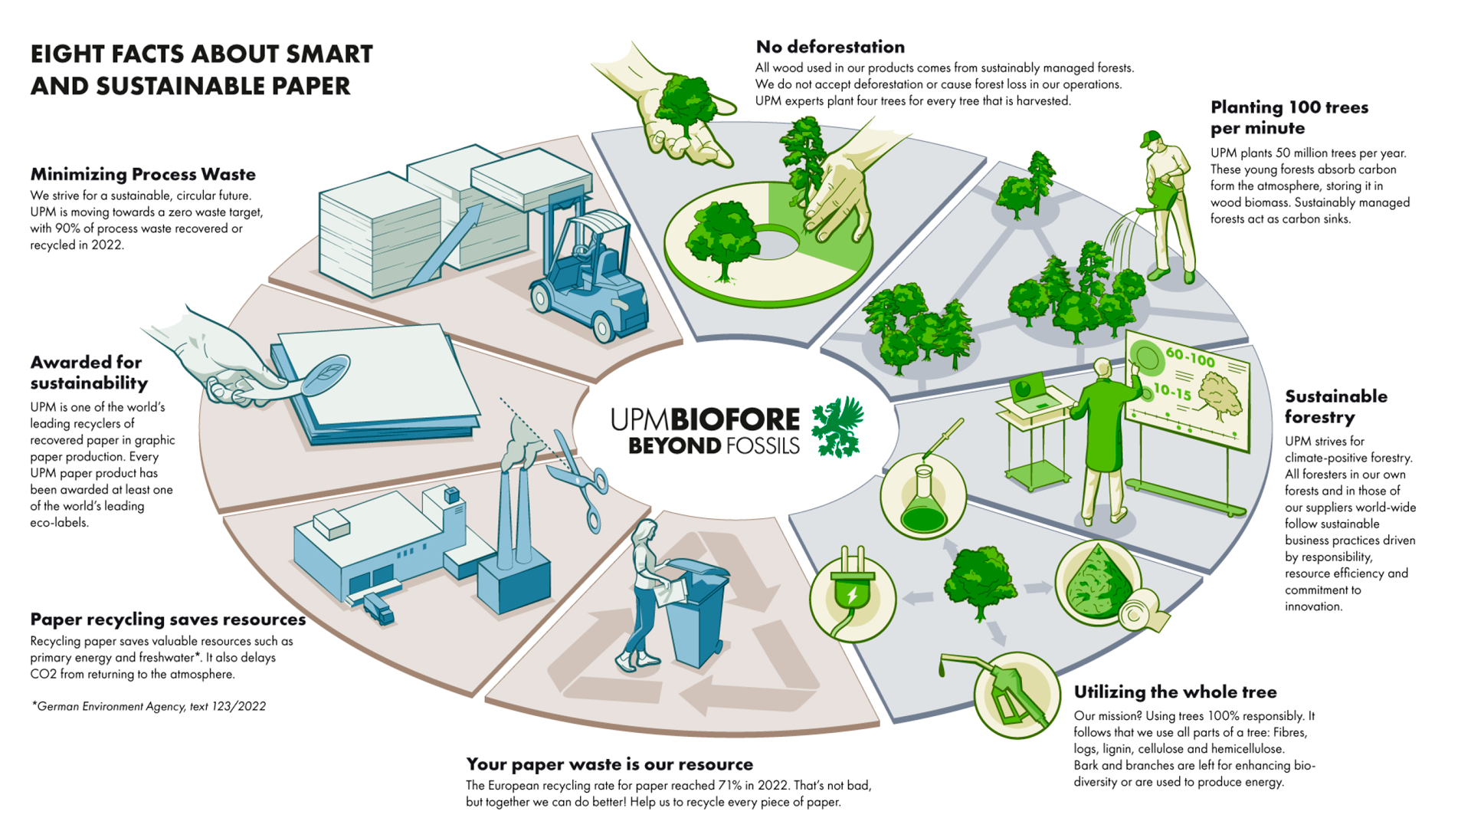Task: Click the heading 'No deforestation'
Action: (x=830, y=47)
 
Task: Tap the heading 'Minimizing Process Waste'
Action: (x=143, y=174)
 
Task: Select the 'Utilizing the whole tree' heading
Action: (x=1175, y=692)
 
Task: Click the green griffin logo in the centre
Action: (x=837, y=426)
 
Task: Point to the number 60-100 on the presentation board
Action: (x=1190, y=357)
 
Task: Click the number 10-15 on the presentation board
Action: (x=1172, y=392)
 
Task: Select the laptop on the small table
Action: (x=1031, y=392)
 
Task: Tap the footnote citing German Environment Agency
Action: (x=149, y=706)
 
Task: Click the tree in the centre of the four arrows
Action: (x=979, y=581)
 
